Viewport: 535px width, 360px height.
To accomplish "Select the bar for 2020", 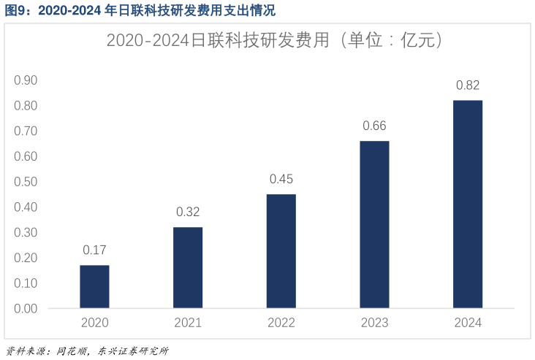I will [x=94, y=286].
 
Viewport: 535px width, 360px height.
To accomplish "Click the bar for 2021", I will [x=188, y=267].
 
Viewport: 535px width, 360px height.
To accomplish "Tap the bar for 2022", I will [x=281, y=250].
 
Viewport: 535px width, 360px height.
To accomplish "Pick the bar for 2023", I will [x=374, y=224].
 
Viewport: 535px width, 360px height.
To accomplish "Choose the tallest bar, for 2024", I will [x=468, y=204].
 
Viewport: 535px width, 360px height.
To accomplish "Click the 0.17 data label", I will [x=94, y=250].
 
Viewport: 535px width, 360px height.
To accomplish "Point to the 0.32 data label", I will [x=188, y=212].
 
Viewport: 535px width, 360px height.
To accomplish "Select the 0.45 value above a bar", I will [x=281, y=179].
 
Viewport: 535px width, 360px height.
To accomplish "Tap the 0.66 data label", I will [x=374, y=126].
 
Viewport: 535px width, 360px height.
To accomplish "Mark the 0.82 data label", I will [x=468, y=85].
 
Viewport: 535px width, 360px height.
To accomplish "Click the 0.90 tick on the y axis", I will [x=26, y=80].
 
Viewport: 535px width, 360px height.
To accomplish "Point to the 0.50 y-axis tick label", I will [x=26, y=182].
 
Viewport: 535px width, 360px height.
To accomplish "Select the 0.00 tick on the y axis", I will [x=26, y=309].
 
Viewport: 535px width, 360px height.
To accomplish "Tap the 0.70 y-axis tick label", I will [x=26, y=131].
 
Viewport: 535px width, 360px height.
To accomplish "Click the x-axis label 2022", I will [x=281, y=323].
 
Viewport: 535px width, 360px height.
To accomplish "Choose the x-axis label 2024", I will [x=468, y=323].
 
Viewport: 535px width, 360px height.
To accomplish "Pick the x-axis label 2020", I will [x=94, y=323].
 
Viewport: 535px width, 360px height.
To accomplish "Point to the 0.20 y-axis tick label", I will [x=26, y=258].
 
